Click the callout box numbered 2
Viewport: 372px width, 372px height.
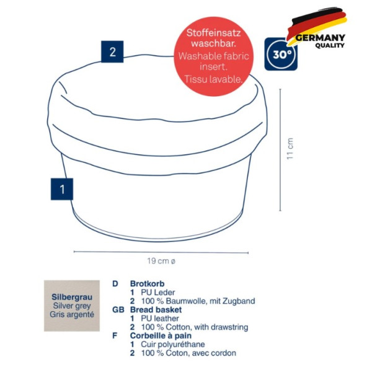coord(112,51)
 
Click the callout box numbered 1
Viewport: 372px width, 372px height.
coord(62,189)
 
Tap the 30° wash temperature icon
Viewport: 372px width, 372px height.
coord(281,54)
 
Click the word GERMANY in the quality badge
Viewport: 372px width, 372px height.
coord(320,38)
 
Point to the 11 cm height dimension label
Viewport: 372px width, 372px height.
coord(290,149)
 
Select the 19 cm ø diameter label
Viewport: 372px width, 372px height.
coord(161,261)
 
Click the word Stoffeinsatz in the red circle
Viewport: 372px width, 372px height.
coord(213,33)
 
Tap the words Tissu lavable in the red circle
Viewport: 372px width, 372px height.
coord(213,79)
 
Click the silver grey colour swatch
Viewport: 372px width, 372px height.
coord(72,306)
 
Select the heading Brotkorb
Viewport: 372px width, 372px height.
coord(147,283)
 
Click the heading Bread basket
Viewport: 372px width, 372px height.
coord(156,309)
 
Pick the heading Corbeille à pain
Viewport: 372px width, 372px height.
coord(161,335)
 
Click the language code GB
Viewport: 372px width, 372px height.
coord(118,309)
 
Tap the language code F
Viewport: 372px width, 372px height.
coord(115,335)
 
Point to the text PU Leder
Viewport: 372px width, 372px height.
coord(157,292)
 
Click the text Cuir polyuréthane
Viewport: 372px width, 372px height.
coord(173,345)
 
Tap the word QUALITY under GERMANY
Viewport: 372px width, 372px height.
coord(330,45)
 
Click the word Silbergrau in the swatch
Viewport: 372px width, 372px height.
coord(72,297)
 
